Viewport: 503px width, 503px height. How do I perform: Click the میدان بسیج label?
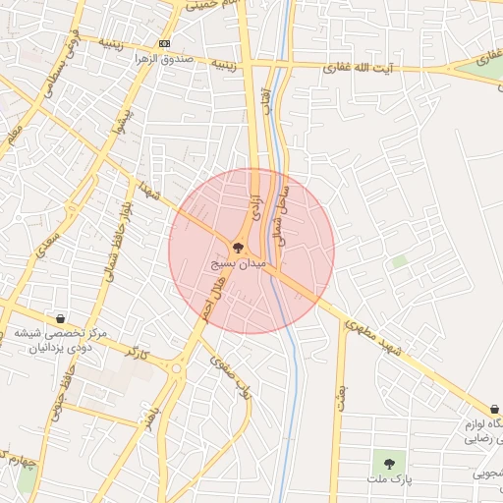point(237,265)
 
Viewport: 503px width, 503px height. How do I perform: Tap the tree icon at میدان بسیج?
point(238,248)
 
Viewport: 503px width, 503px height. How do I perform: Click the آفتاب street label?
point(264,99)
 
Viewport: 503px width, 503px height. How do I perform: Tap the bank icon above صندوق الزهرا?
point(163,43)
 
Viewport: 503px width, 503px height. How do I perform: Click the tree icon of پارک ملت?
point(390,462)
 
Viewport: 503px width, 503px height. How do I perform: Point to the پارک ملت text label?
point(390,478)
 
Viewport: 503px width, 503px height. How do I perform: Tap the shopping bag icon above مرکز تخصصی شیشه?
point(62,318)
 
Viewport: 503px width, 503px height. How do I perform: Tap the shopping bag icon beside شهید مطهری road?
point(493,409)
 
